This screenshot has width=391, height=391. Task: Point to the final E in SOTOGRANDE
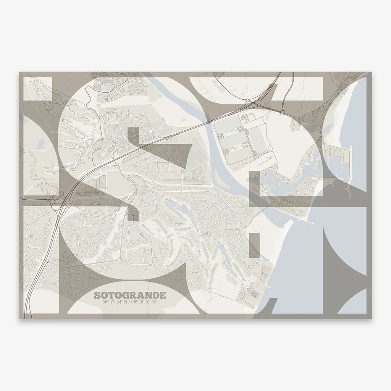coord(152,296)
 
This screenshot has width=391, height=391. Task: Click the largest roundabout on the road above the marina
coord(282,112)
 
